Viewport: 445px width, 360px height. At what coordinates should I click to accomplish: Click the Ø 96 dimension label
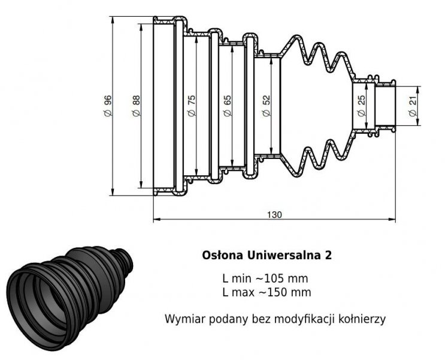pos(108,106)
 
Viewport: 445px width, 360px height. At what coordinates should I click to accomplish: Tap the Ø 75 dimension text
pos(192,106)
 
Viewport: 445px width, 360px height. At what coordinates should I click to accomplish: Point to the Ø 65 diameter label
pos(228,106)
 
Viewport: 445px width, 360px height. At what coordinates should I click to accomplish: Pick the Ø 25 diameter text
pos(361,106)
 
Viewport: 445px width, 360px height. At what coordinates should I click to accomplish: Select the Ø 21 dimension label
pos(413,106)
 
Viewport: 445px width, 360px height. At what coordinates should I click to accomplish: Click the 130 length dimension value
pos(274,214)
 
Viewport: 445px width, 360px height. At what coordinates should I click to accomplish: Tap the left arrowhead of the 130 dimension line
pos(156,220)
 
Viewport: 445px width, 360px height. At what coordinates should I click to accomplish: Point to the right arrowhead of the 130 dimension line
pos(393,220)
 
